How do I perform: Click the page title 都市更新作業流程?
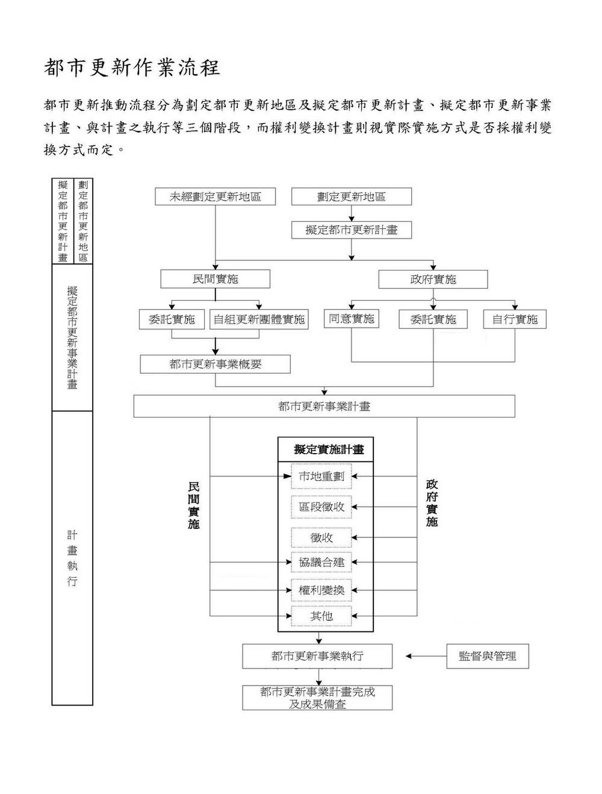[132, 67]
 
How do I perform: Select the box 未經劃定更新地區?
[216, 196]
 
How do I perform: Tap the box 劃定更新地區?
[352, 196]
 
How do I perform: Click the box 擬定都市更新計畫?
[352, 230]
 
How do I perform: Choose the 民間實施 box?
[216, 279]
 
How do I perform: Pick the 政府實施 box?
[433, 280]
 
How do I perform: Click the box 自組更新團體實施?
[259, 319]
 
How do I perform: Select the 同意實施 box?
[351, 319]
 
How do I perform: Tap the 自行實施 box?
[515, 319]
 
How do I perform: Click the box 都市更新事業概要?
[216, 364]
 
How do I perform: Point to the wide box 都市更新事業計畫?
[324, 406]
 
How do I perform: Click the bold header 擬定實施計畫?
[329, 449]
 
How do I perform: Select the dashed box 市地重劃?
[321, 477]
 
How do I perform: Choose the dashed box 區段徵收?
[321, 507]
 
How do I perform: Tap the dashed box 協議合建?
[321, 562]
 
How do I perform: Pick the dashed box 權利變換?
[321, 590]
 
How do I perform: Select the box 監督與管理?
[488, 656]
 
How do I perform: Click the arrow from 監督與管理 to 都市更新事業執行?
[426, 656]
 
